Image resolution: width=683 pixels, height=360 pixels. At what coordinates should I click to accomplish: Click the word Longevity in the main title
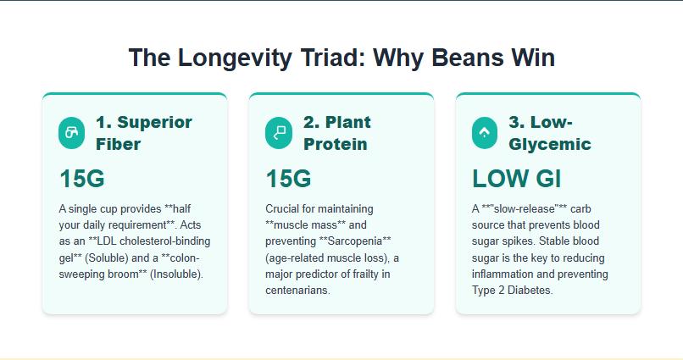[x=235, y=58]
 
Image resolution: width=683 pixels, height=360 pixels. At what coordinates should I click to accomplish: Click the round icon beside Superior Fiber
[x=71, y=133]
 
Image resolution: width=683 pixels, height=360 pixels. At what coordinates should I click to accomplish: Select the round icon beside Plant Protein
[x=278, y=133]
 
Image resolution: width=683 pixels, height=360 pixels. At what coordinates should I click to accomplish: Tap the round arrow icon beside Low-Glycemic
[x=485, y=133]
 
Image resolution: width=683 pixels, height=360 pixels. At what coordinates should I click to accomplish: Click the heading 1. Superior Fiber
[x=144, y=133]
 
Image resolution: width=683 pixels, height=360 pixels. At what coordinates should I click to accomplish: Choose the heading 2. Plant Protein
[x=336, y=133]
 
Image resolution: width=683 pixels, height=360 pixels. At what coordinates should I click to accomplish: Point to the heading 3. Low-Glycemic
[x=550, y=133]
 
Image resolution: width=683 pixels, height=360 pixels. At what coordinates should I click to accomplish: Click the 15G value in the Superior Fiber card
[x=82, y=179]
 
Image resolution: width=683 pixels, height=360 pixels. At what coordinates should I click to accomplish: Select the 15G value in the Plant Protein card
[x=288, y=179]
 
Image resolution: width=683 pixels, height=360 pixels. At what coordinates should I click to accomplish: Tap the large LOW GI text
[x=517, y=179]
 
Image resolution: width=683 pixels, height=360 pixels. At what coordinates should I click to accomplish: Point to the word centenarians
[x=297, y=290]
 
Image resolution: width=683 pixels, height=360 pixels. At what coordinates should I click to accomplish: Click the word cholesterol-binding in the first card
[x=164, y=241]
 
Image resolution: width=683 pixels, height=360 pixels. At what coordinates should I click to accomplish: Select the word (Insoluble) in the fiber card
[x=176, y=274]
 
